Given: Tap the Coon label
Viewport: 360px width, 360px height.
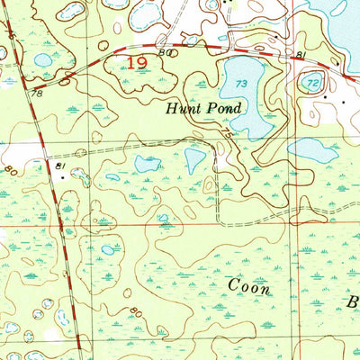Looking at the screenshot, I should click(x=248, y=285).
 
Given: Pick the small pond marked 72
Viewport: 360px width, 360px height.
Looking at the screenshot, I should click(x=312, y=83).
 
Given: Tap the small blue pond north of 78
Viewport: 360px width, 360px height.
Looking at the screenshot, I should click(x=42, y=60).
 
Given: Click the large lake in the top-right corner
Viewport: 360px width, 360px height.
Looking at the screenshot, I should click(x=337, y=18).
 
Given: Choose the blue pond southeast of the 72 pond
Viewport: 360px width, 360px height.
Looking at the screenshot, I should click(x=312, y=149).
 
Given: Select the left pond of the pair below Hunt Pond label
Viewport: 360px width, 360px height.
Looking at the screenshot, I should click(x=148, y=163).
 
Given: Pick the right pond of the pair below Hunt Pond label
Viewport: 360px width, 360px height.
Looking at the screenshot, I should click(x=195, y=159).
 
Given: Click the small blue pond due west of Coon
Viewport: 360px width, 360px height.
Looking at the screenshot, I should click(x=108, y=249).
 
